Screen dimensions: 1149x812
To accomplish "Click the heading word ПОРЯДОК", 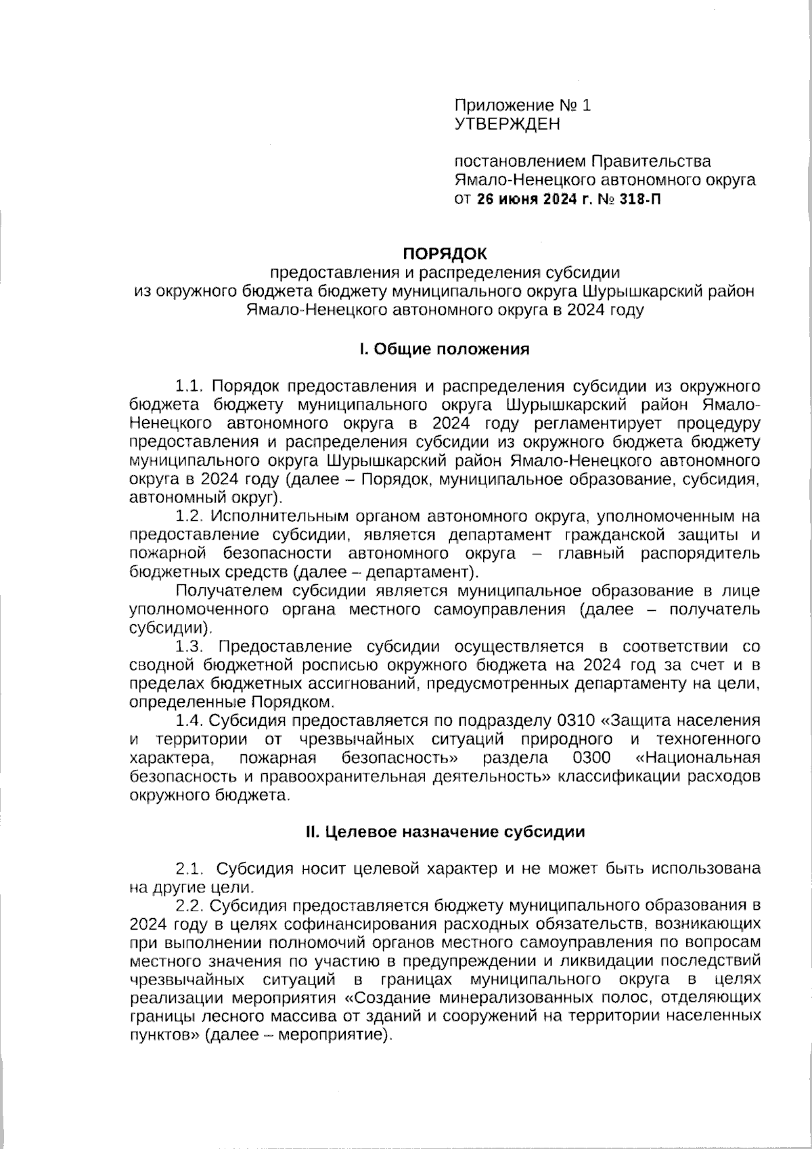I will tap(445, 253).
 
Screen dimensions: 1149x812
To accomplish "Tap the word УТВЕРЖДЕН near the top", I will tap(507, 124).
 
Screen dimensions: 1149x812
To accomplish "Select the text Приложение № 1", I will tap(522, 105).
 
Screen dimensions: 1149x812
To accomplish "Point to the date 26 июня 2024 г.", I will tap(533, 200).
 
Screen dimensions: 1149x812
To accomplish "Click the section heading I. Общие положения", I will tap(444, 349).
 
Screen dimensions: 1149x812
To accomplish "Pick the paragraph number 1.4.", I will tap(189, 720).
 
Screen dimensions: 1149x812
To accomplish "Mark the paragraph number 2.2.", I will tap(189, 905).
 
